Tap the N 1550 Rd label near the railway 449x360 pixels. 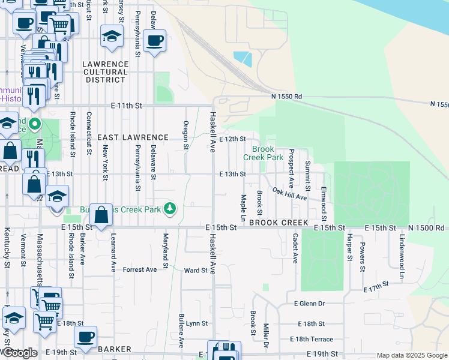point(286,96)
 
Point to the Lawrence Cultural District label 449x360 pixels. point(106,71)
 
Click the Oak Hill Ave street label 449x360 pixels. point(290,193)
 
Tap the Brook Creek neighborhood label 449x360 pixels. point(279,223)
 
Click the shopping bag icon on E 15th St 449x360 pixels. point(102,214)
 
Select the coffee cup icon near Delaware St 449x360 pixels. point(155,40)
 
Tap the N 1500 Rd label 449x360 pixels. point(426,228)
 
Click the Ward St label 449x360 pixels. point(196,271)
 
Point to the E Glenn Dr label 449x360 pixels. point(309,304)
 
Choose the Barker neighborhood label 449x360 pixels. point(114,349)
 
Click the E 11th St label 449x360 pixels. point(126,106)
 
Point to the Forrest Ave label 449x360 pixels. point(139,270)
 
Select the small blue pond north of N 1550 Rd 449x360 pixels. point(243,59)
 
